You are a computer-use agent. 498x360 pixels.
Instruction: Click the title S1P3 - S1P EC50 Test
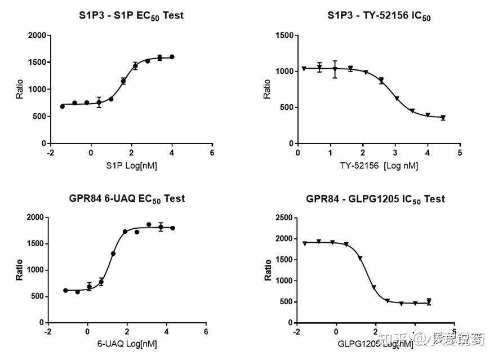[x=131, y=16]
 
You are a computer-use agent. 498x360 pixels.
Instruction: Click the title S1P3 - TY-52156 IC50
[x=379, y=16]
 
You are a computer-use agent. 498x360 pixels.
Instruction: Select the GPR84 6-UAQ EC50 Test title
[x=127, y=199]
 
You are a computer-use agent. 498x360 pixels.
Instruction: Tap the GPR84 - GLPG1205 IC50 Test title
[x=375, y=199]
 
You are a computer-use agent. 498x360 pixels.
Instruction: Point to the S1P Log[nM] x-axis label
[x=131, y=166]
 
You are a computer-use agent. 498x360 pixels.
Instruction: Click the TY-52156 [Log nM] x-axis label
[x=379, y=166]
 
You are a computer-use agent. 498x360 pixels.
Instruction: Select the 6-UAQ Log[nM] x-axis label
[x=126, y=344]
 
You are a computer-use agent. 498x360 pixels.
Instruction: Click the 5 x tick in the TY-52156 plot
[x=460, y=153]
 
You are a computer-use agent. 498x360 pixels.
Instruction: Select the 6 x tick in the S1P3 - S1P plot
[x=212, y=153]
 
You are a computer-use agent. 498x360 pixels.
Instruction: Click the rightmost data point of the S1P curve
[x=172, y=57]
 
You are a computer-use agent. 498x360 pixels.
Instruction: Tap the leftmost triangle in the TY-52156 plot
[x=304, y=69]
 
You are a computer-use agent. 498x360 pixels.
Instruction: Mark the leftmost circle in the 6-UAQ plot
[x=65, y=290]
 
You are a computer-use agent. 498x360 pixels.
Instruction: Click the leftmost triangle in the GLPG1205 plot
[x=305, y=243]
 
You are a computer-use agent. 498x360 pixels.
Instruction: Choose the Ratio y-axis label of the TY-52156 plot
[x=268, y=89]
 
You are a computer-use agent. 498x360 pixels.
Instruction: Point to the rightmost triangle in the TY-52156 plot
[x=443, y=118]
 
